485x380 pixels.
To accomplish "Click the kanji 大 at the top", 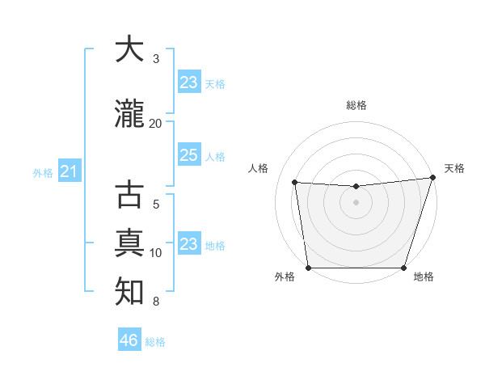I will [129, 49].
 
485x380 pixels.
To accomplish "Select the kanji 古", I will [129, 196].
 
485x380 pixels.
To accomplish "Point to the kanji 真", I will [129, 243].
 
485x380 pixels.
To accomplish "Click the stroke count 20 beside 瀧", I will [156, 123].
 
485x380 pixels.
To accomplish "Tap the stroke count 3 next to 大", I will [156, 59].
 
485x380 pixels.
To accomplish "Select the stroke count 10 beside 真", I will [156, 253].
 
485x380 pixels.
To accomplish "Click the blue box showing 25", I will [189, 155].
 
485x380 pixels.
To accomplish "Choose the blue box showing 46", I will [129, 340].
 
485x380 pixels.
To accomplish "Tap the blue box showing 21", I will [69, 171].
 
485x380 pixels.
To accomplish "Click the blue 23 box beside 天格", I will [189, 82].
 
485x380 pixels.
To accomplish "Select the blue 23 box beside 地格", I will [189, 244].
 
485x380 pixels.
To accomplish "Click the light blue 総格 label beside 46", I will [155, 342].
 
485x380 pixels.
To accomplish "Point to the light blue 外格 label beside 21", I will [43, 173].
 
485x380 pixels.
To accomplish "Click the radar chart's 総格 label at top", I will [356, 105].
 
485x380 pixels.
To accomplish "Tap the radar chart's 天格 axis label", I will [454, 168].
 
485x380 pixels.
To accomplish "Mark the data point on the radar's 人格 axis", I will [295, 183].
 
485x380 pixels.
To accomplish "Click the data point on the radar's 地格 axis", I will [404, 268].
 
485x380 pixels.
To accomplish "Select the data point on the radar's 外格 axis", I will [308, 268].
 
